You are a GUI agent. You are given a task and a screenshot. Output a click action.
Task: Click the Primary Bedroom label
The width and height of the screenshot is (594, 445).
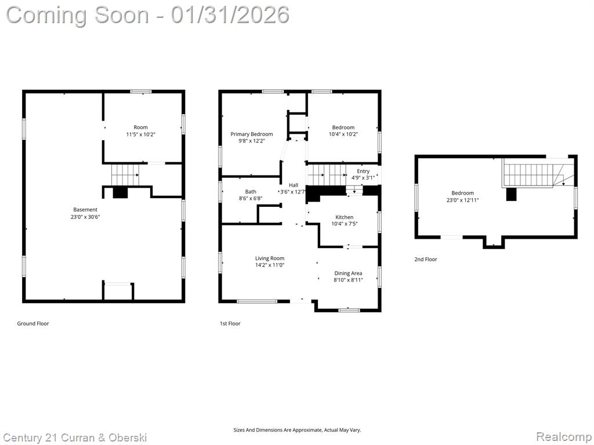coord(252,134)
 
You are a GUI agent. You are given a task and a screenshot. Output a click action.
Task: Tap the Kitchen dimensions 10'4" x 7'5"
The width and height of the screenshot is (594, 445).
coord(345,224)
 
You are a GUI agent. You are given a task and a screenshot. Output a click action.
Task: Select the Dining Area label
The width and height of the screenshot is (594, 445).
coord(348,273)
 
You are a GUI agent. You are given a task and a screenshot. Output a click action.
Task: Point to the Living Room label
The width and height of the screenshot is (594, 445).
coord(270,258)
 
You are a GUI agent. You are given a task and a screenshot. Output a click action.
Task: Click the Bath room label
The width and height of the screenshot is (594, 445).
coord(251,192)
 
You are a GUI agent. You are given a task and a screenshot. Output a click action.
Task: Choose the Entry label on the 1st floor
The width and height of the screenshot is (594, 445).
coord(363,171)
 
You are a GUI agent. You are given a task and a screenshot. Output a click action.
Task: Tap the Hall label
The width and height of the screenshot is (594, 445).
coord(294,185)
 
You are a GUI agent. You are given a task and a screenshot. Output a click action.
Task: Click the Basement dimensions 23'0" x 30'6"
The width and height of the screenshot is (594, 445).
coord(85,217)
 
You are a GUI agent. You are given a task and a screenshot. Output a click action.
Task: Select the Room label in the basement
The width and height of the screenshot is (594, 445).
coord(140,127)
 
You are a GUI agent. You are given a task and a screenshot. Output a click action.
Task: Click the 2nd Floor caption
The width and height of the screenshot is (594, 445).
coord(425,259)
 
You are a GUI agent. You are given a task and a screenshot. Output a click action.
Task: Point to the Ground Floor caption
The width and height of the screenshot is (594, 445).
coord(33,323)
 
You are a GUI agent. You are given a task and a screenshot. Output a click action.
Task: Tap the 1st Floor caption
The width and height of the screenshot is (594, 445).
coord(230,323)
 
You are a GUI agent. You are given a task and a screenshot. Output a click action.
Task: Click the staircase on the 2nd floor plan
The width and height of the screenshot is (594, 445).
coord(538,174)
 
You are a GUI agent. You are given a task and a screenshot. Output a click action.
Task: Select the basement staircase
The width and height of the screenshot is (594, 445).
coord(125,174)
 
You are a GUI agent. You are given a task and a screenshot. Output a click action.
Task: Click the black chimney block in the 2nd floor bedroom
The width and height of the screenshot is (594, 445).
coord(512,194)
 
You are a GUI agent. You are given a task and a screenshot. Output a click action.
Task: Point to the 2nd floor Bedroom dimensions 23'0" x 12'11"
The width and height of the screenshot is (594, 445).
coord(462,200)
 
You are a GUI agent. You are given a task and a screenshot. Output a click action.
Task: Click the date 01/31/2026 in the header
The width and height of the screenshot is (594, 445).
coord(230,15)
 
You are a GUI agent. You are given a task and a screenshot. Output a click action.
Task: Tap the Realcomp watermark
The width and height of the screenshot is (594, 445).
coord(564,437)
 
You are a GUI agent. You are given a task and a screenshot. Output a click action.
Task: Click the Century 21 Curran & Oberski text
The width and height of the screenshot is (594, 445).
coord(75,438)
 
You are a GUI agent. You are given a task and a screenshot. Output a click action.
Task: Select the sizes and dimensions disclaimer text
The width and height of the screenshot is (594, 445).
coord(297,430)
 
